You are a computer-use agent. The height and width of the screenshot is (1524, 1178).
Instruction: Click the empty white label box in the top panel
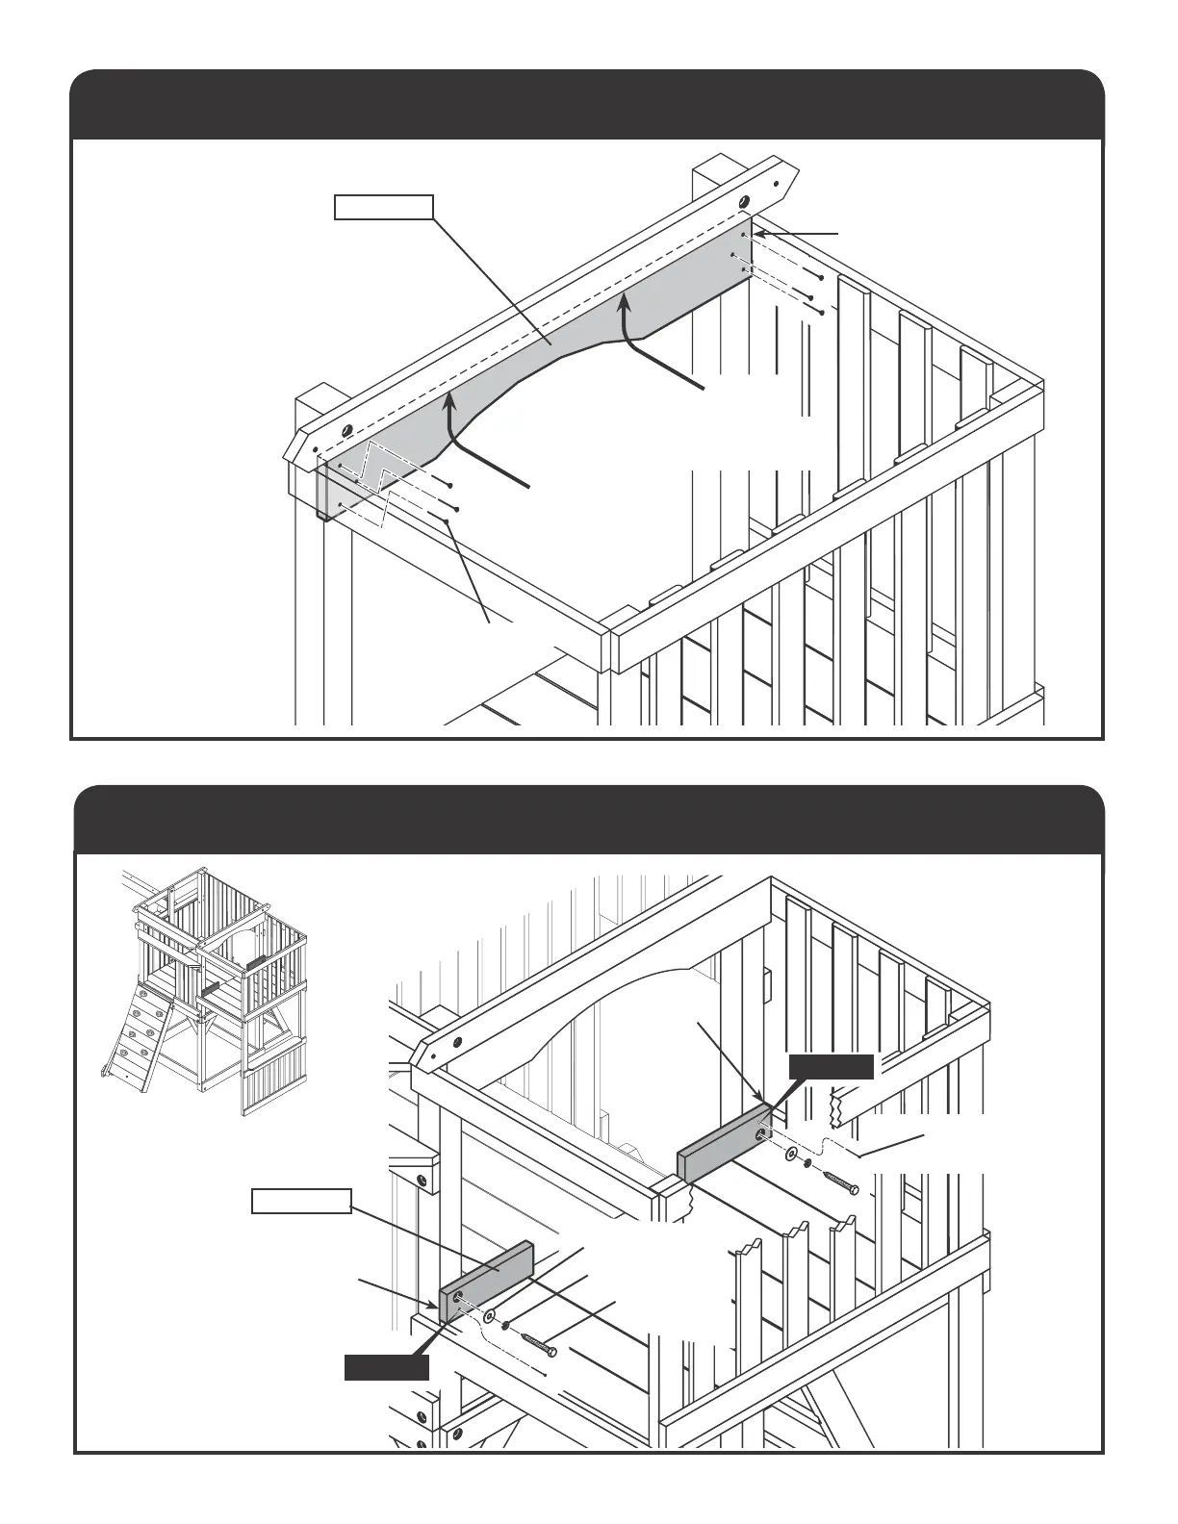click(383, 207)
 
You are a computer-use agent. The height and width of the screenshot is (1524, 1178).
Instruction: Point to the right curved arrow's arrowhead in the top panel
click(626, 304)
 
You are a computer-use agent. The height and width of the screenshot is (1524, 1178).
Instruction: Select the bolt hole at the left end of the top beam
click(347, 430)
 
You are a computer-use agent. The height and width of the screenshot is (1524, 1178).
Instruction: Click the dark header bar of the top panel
click(587, 105)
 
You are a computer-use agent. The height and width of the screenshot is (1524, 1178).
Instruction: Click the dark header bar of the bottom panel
click(587, 820)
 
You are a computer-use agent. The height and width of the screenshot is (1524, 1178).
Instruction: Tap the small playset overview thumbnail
click(204, 991)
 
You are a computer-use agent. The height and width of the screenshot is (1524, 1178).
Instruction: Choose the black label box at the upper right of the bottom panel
click(832, 1067)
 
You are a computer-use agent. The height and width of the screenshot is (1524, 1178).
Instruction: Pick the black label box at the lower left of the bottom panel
click(387, 1368)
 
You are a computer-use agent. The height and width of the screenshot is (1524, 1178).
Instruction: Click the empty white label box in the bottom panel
click(301, 1201)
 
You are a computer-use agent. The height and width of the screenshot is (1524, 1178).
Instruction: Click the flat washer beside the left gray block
click(489, 1315)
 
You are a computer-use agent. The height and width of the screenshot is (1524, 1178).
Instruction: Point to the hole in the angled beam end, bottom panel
click(457, 1041)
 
